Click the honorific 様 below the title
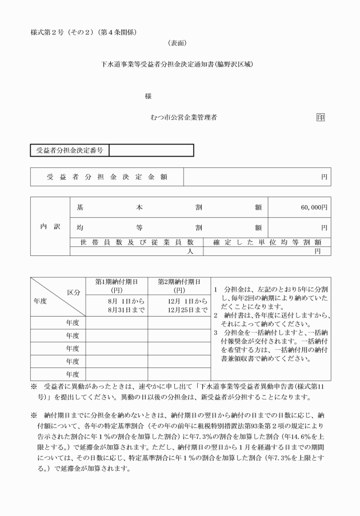click(x=148, y=96)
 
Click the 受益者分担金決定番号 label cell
click(x=69, y=150)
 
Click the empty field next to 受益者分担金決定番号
click(x=151, y=150)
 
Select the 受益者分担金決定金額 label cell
click(x=107, y=177)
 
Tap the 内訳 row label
click(x=49, y=227)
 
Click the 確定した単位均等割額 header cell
click(x=267, y=242)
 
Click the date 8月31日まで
click(x=117, y=310)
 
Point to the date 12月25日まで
click(x=179, y=310)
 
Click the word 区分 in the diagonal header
click(x=74, y=292)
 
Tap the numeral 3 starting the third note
click(x=216, y=332)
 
